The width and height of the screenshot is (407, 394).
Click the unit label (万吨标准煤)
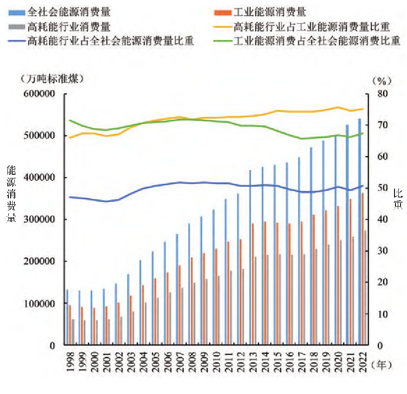pos(51,79)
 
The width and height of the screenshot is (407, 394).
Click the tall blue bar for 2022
pos(359,232)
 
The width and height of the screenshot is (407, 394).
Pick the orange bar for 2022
pos(363,269)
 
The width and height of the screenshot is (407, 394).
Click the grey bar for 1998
pos(73,332)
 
